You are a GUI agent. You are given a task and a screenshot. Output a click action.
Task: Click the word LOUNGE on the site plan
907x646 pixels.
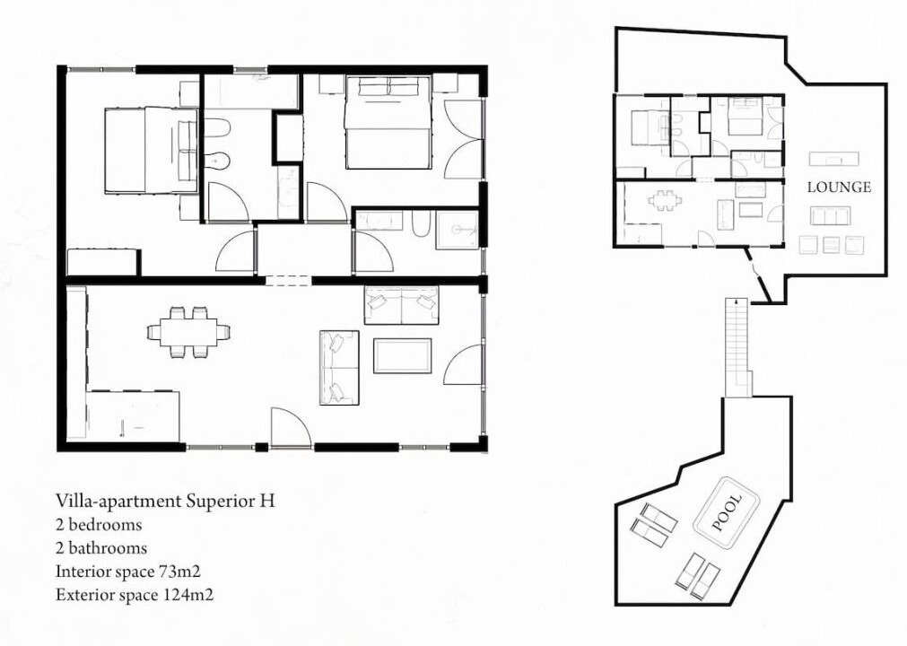839,188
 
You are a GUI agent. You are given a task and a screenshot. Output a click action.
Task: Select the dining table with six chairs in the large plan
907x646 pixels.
188,332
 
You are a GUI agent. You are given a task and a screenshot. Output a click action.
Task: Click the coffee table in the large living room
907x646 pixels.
403,355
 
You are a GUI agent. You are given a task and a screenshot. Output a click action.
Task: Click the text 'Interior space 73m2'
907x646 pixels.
127,572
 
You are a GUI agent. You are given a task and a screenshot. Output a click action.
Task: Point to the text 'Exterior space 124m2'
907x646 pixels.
135,595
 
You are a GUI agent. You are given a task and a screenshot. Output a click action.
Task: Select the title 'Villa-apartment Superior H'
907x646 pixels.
165,501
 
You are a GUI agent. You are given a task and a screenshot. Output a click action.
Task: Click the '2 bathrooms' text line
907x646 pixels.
101,547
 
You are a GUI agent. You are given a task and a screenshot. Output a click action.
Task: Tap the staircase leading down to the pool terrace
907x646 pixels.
737,347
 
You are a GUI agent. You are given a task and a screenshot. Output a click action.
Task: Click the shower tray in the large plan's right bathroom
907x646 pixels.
458,231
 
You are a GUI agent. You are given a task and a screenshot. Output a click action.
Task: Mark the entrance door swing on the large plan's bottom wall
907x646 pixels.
290,427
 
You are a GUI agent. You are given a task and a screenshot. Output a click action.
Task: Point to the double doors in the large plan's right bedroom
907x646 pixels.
463,139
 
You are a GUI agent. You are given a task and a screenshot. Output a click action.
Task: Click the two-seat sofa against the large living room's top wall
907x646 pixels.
401,305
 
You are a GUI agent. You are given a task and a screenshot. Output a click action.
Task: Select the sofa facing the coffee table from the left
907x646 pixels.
339,368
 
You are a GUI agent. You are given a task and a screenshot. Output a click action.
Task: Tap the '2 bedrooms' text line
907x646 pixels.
99,525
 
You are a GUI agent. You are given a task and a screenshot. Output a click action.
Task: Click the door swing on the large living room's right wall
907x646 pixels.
463,364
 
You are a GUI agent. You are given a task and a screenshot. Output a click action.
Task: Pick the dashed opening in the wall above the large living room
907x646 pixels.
289,281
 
